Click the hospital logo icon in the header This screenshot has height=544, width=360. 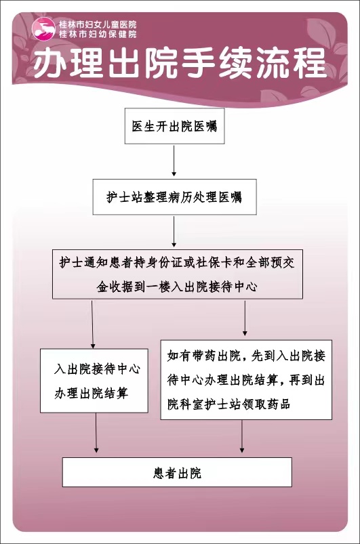pos(44,29)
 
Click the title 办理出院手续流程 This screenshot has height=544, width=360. pos(180,64)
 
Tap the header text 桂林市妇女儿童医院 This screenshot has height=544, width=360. pos(98,24)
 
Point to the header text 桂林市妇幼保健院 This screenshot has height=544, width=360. pos(98,34)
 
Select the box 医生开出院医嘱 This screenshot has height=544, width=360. pos(174,126)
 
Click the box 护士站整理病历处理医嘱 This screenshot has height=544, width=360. pos(174,196)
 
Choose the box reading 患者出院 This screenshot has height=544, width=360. pos(177,472)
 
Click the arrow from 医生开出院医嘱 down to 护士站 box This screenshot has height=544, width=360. pos(174,161)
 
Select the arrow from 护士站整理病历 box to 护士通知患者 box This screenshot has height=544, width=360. pos(174,232)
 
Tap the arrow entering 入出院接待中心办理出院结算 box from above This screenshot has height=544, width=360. pos(93,324)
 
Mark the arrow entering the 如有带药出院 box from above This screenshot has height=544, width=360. pos(245,318)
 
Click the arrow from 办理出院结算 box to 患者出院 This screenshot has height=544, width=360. pos(96,433)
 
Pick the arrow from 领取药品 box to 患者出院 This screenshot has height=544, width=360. pos(242,436)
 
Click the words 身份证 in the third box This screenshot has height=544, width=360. pos(158,263)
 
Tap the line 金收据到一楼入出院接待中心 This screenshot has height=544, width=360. pos(177,287)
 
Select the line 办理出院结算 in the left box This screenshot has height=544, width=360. pos(92,393)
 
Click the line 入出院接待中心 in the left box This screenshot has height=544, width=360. pos(97,369)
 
